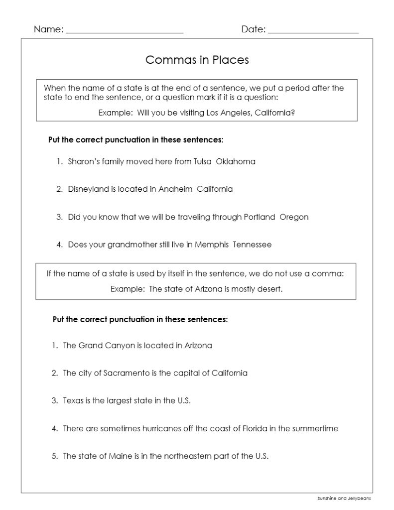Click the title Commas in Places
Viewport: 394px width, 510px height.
197,60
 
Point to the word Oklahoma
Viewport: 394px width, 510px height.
236,161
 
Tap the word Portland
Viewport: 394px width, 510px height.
260,217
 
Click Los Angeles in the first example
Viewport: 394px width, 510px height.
229,113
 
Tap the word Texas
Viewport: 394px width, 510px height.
73,400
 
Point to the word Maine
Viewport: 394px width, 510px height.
120,456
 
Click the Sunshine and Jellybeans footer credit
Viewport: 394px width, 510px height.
344,498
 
